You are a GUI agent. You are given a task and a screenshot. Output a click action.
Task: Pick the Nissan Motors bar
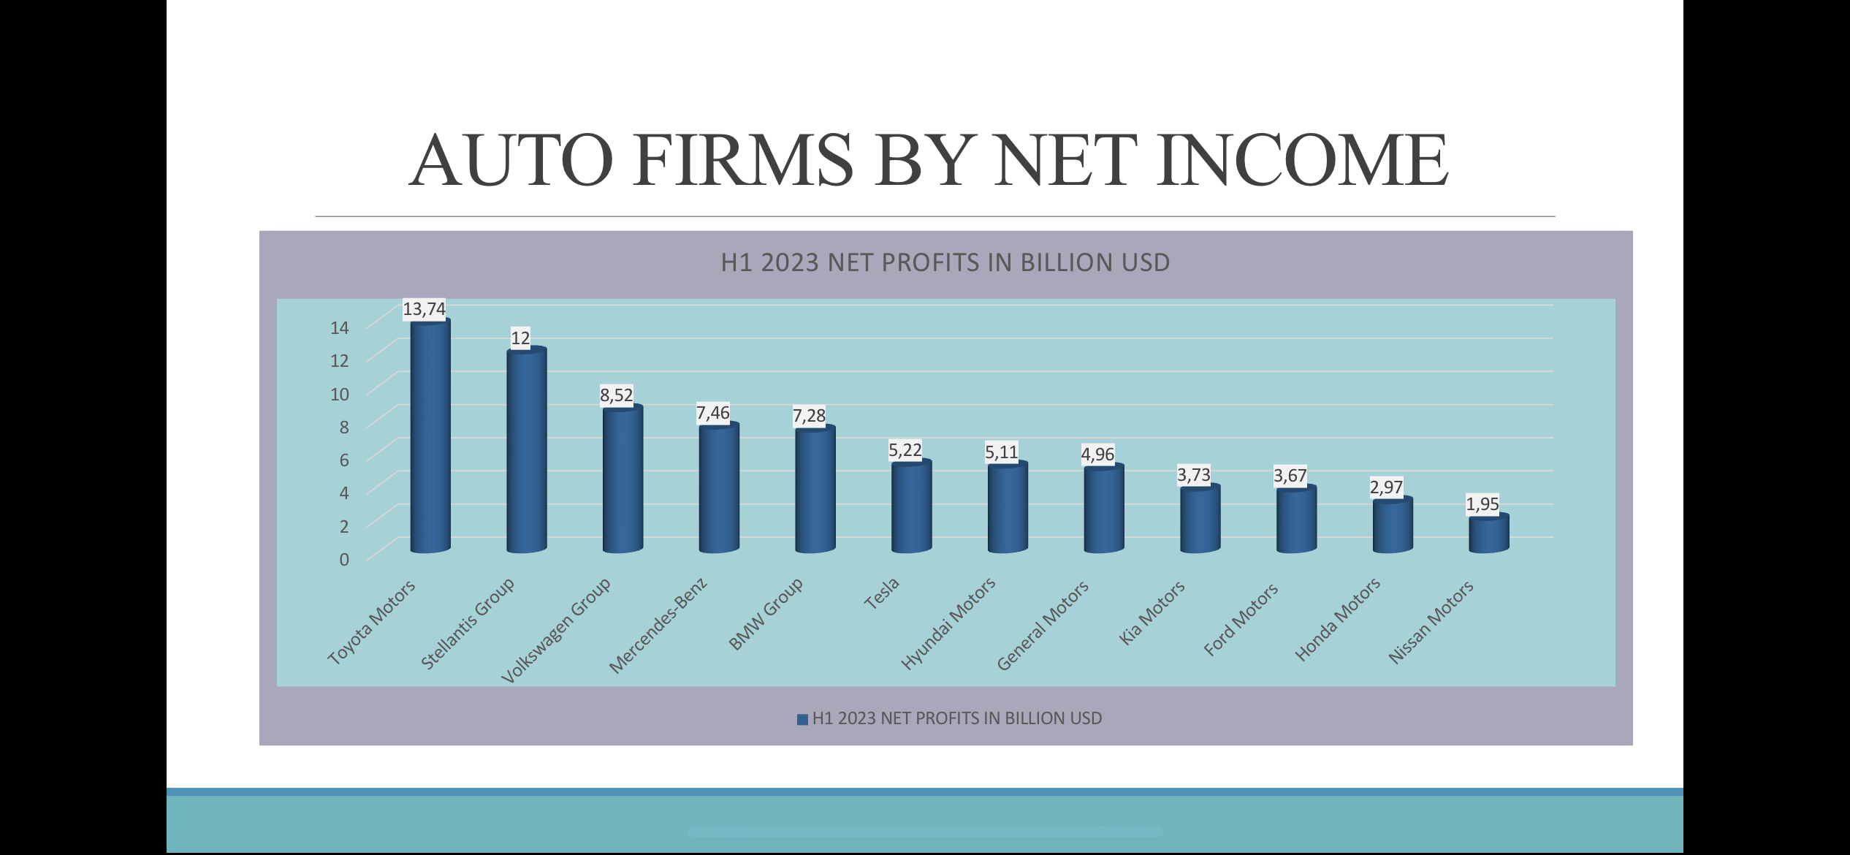pos(1489,534)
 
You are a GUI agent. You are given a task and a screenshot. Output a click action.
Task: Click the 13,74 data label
pos(424,309)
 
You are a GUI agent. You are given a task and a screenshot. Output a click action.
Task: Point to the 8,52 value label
pos(616,395)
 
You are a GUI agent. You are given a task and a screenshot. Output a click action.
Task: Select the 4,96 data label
pos(1097,455)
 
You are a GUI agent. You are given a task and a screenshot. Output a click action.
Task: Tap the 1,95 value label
pos(1482,504)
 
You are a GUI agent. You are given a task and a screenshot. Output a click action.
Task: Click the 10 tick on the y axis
pos(340,394)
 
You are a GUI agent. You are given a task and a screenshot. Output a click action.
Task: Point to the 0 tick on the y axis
pos(344,559)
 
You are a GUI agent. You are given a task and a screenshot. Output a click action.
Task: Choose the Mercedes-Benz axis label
pos(658,626)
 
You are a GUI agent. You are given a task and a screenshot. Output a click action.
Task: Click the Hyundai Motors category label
pos(948,623)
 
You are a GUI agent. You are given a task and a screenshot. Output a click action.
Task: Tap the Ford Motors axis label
pos(1241,620)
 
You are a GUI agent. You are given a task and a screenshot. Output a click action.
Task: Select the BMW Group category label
pos(766,614)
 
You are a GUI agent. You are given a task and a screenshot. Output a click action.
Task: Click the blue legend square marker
pos(802,719)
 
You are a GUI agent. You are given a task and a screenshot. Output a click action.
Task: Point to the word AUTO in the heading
pos(511,160)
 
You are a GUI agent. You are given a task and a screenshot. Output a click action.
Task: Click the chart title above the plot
pos(945,262)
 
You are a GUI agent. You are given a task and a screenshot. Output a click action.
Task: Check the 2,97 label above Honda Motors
pos(1386,487)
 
